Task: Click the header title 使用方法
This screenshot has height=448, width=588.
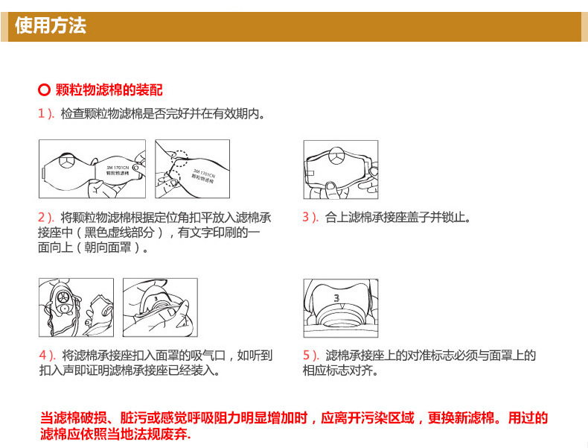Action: pyautogui.click(x=51, y=26)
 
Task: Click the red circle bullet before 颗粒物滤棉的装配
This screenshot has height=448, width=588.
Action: pyautogui.click(x=44, y=91)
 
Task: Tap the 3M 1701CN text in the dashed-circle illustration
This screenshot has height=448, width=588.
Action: pyautogui.click(x=202, y=174)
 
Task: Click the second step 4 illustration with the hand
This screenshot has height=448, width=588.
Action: pyautogui.click(x=159, y=308)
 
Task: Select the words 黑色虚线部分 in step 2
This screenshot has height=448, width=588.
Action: pyautogui.click(x=123, y=233)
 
